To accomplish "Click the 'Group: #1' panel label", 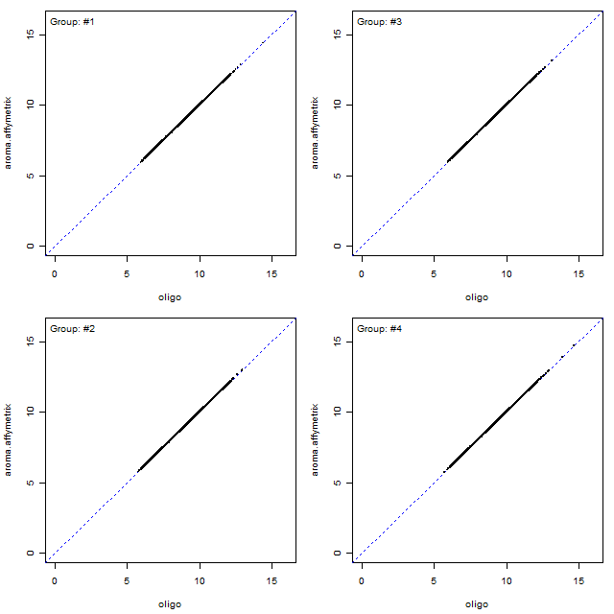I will [72, 21].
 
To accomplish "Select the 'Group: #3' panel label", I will [379, 21].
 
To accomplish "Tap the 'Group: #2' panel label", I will [72, 328].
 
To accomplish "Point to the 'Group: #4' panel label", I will [379, 328].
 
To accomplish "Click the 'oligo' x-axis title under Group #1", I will [170, 296].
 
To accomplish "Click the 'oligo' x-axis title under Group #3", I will [477, 296].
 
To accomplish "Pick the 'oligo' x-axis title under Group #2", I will [170, 603].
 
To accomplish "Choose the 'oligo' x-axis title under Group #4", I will [477, 603].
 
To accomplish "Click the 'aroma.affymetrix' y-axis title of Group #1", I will [9, 132].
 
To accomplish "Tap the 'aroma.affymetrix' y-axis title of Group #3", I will [316, 132].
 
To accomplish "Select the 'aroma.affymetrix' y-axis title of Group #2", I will [9, 439].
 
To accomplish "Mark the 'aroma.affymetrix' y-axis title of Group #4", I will [316, 439].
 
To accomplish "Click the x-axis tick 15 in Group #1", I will [272, 272].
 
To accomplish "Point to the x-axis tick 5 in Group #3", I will [434, 272].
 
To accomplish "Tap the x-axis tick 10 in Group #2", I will [200, 579].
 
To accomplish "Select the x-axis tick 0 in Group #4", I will [362, 579].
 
